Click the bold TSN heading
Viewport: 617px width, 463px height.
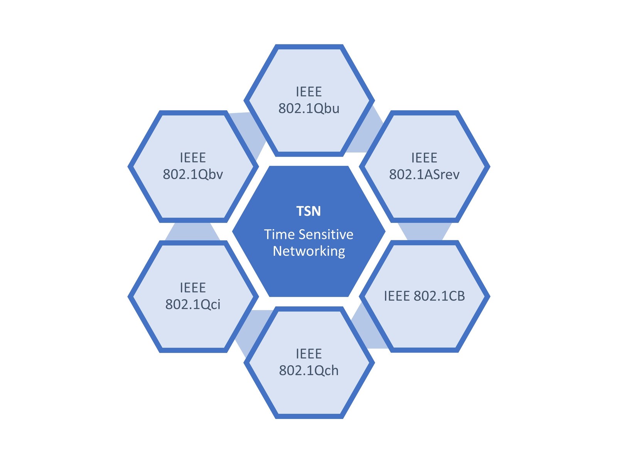[308, 211]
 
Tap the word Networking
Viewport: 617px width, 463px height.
[308, 251]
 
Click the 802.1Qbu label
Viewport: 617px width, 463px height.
[308, 108]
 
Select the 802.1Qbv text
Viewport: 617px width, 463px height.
[193, 174]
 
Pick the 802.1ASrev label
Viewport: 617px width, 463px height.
[424, 174]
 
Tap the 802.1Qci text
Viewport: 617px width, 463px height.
[193, 304]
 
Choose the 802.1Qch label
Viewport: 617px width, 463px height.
[308, 370]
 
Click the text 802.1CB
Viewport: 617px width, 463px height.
[439, 296]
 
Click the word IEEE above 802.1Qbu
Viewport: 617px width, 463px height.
[308, 92]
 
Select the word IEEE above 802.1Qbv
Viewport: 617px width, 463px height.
[193, 157]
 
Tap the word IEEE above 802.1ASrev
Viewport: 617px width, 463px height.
[424, 157]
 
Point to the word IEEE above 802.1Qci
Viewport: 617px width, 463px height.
[193, 287]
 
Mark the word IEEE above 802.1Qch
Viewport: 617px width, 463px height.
[308, 353]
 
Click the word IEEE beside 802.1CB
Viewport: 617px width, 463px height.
[397, 296]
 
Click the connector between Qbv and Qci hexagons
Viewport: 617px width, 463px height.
[193, 231]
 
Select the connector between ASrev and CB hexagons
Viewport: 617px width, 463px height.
[425, 231]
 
